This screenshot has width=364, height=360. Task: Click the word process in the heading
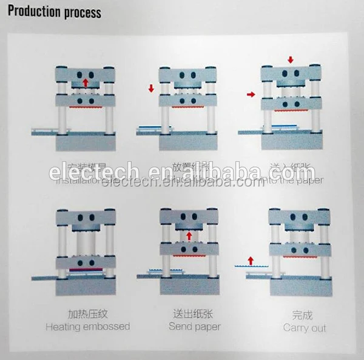(x=81, y=13)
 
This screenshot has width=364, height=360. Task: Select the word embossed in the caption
(x=107, y=327)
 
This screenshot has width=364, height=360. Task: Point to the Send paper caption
(x=194, y=327)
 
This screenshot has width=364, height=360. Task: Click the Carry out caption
(x=305, y=328)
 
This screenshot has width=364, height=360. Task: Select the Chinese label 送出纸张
(x=194, y=314)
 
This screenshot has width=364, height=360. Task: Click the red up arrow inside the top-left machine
(x=86, y=82)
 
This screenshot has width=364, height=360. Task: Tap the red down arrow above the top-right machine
(x=291, y=59)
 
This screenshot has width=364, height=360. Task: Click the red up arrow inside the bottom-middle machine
(x=188, y=235)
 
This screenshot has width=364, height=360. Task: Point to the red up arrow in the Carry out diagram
(x=248, y=261)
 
